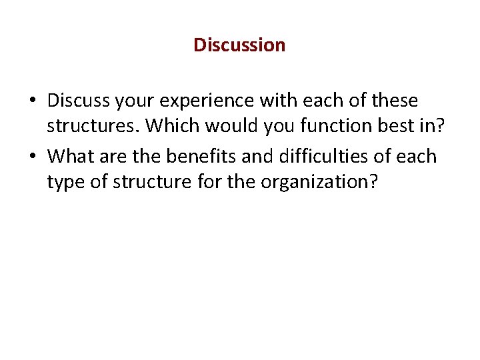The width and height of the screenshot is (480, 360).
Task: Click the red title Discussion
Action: tap(239, 45)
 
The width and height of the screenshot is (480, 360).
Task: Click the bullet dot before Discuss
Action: tap(33, 102)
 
